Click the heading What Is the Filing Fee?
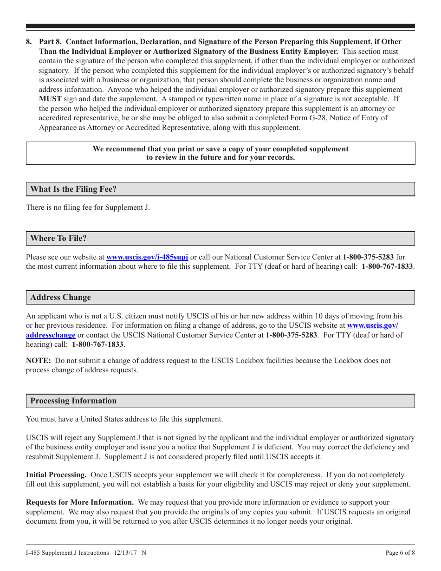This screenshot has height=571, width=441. [73, 189]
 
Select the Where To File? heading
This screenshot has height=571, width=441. [58, 238]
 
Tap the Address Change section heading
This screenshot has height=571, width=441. [60, 297]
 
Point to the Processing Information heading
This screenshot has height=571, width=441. [73, 401]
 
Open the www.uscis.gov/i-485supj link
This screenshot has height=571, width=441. [147, 257]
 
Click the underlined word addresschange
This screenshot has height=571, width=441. [51, 335]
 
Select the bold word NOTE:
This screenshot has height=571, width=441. [38, 361]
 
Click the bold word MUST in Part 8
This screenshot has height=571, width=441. [50, 99]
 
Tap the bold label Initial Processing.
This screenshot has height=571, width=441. [56, 475]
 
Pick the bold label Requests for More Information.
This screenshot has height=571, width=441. [80, 502]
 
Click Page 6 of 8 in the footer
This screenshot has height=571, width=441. [400, 552]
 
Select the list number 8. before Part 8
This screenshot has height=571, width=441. [29, 42]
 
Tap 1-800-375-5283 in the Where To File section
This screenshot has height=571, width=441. [368, 257]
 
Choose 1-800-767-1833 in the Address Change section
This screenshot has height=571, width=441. [97, 344]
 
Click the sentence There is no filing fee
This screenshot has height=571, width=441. [88, 208]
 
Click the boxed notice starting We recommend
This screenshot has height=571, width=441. [220, 153]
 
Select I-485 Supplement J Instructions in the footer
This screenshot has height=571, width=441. [67, 552]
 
